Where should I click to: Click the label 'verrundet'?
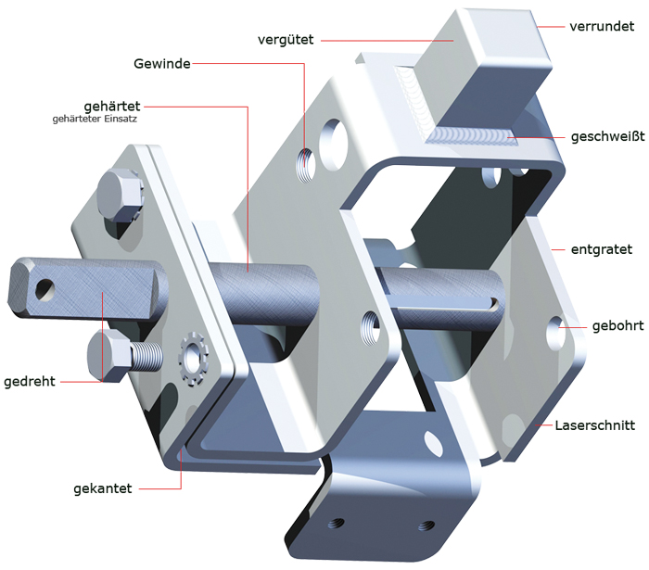tap(602, 27)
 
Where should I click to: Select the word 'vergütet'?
tap(286, 40)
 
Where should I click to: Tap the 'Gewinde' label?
tap(162, 64)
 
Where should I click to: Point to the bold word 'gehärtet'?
tap(112, 107)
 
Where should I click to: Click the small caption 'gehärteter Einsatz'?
tap(95, 120)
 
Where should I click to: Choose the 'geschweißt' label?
tap(607, 136)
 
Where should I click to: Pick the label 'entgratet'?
tap(602, 249)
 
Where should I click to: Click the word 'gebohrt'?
tap(618, 326)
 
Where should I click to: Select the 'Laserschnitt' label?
tap(595, 425)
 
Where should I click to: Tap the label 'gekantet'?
tap(103, 489)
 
